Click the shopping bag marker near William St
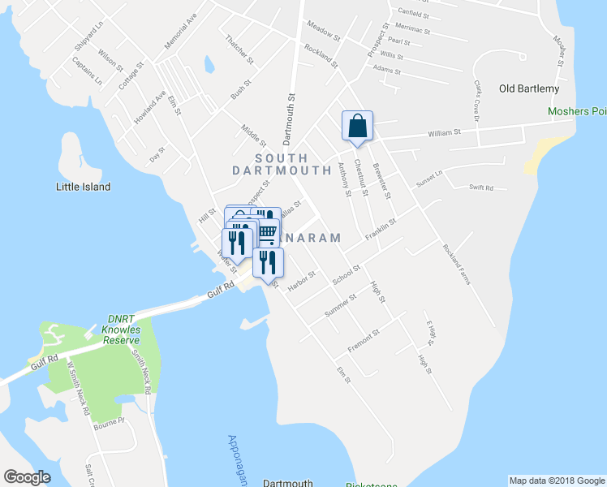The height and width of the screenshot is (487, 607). [357, 126]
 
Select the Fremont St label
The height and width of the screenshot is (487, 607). [364, 341]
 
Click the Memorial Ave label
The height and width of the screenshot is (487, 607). [181, 31]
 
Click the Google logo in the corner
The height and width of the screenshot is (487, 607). [27, 477]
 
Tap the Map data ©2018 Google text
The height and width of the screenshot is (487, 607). [557, 481]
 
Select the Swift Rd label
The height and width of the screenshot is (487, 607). [481, 187]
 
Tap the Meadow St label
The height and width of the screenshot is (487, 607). [323, 32]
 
